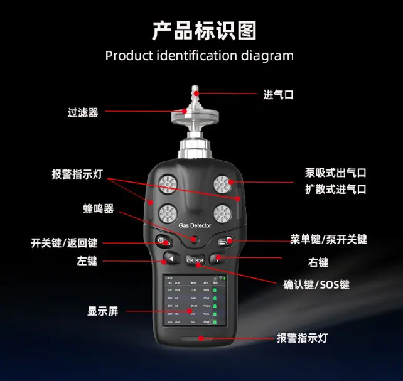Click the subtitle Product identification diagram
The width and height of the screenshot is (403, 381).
[199, 55]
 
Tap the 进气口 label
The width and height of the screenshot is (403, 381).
[278, 95]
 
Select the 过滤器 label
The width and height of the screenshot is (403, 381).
[83, 113]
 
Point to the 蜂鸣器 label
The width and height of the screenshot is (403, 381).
[99, 209]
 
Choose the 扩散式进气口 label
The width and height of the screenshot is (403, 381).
[335, 189]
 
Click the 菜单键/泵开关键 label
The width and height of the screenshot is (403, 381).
[328, 239]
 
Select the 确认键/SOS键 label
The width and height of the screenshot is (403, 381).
[317, 284]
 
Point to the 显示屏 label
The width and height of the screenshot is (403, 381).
[102, 311]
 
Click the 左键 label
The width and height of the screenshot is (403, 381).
[88, 261]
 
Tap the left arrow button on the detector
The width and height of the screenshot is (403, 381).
[170, 258]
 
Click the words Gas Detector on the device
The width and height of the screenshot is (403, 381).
[195, 225]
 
